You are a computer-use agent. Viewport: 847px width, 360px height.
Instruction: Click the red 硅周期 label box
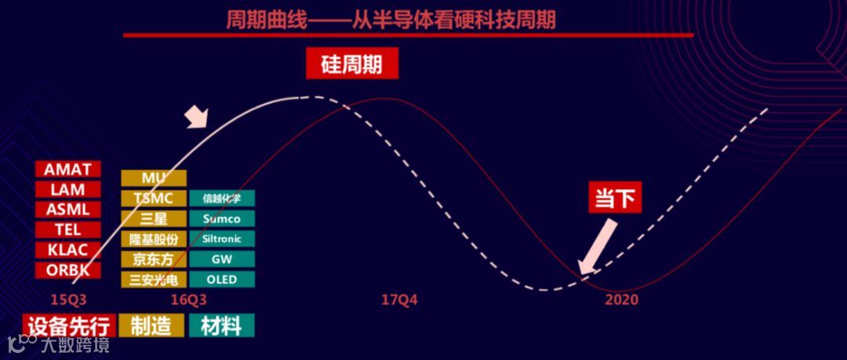point(352,64)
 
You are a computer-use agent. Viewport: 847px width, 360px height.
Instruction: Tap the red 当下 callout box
point(615,198)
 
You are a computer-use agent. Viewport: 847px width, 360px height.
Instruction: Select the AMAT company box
point(68,169)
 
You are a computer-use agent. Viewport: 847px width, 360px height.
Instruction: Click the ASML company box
point(68,209)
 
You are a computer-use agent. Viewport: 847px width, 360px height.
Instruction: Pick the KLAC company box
point(68,250)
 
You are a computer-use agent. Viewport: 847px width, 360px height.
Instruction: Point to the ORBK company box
point(68,271)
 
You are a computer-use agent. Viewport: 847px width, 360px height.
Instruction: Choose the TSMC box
point(154,198)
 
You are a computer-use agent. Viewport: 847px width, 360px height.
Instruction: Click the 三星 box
point(154,219)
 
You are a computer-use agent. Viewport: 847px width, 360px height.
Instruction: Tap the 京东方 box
point(154,260)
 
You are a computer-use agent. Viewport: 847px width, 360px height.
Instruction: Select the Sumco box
point(222,219)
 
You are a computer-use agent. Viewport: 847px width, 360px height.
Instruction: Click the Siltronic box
point(222,239)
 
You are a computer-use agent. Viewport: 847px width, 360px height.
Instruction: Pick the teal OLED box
point(222,279)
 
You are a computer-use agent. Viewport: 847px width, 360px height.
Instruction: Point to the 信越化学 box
point(222,198)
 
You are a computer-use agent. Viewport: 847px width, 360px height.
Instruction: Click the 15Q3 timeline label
point(68,300)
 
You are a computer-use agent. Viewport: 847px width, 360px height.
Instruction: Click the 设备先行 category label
point(69,325)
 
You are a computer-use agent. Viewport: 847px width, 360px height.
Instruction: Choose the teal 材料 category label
point(222,325)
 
